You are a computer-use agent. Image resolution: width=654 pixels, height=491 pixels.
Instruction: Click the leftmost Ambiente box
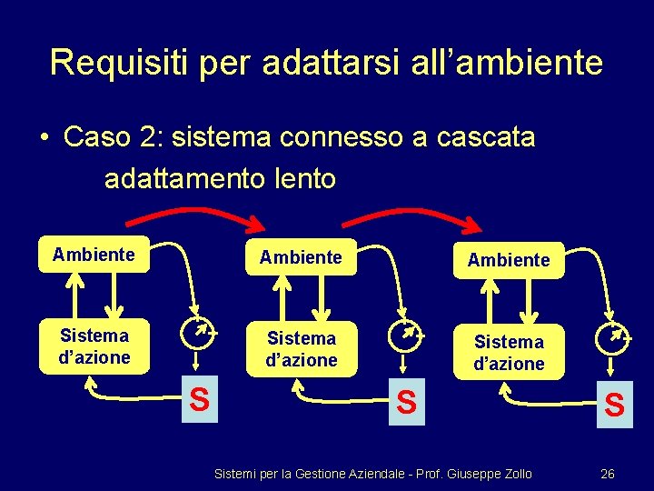pyautogui.click(x=94, y=255)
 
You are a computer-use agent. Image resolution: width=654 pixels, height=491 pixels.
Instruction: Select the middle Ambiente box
pyautogui.click(x=301, y=257)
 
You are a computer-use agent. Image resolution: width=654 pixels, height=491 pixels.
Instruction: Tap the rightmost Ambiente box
pyautogui.click(x=509, y=260)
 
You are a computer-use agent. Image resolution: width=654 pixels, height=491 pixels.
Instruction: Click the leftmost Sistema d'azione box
pyautogui.click(x=94, y=346)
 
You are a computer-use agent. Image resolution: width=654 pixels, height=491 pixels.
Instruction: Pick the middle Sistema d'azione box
pyautogui.click(x=301, y=349)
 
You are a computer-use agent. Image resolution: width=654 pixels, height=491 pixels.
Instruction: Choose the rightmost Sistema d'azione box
pyautogui.click(x=509, y=353)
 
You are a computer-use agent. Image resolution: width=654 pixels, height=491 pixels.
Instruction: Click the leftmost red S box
pyautogui.click(x=199, y=399)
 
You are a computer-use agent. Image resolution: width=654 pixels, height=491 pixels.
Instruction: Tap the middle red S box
pyautogui.click(x=406, y=402)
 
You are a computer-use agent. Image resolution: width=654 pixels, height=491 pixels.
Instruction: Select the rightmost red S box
pyautogui.click(x=614, y=405)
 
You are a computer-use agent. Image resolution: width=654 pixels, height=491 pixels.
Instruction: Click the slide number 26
pyautogui.click(x=608, y=474)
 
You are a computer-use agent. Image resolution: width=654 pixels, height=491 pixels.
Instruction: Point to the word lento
pyautogui.click(x=304, y=178)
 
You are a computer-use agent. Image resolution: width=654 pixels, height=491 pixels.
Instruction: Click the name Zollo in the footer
pyautogui.click(x=514, y=474)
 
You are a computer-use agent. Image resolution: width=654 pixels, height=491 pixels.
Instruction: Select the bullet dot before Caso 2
pyautogui.click(x=44, y=138)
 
